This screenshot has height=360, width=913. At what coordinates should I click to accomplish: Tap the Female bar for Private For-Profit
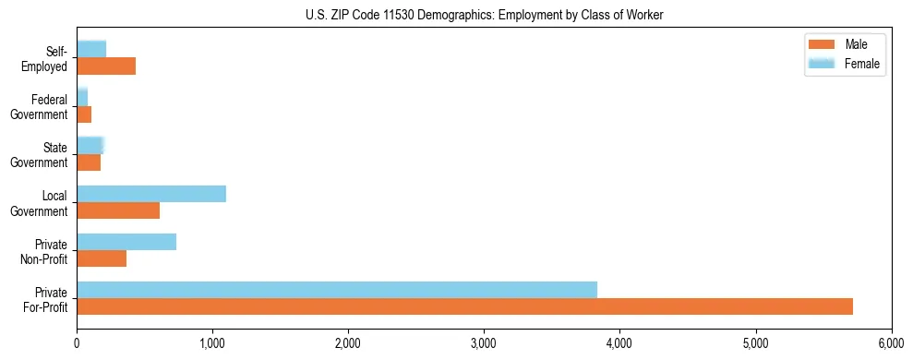(x=337, y=290)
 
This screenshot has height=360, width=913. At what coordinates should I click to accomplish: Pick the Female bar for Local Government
(x=151, y=194)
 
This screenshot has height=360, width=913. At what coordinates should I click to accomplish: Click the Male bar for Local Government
(x=118, y=210)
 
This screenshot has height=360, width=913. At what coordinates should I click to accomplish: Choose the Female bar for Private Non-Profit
(x=126, y=242)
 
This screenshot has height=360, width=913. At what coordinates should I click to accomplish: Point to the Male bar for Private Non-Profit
(x=102, y=258)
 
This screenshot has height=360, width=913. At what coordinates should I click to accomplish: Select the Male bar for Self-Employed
(x=106, y=66)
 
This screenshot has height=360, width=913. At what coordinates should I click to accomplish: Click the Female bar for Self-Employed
(x=91, y=49)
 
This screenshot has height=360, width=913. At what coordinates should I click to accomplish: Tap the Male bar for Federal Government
(x=84, y=114)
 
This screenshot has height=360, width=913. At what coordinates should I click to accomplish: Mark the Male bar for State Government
(x=89, y=162)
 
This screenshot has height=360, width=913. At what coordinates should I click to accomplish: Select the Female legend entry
(x=843, y=64)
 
